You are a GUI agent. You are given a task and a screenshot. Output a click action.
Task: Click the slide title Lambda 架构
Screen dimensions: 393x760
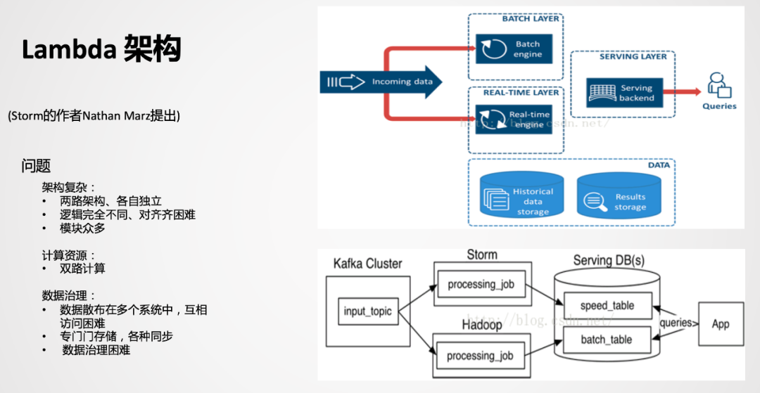pyautogui.click(x=102, y=50)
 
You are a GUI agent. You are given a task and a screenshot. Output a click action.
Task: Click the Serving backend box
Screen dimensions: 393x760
pyautogui.click(x=622, y=94)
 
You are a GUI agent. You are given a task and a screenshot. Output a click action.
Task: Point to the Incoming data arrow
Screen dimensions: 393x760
pyautogui.click(x=381, y=82)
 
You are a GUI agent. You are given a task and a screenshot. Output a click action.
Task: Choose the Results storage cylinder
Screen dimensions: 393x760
pyautogui.click(x=619, y=197)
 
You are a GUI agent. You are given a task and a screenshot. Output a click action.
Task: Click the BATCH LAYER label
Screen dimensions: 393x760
pyautogui.click(x=531, y=19)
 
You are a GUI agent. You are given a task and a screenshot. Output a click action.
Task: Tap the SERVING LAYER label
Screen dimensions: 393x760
pyautogui.click(x=633, y=56)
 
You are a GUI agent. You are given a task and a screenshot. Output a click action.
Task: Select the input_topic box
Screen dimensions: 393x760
pyautogui.click(x=368, y=311)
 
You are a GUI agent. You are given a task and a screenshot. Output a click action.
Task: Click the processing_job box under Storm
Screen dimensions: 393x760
pyautogui.click(x=481, y=284)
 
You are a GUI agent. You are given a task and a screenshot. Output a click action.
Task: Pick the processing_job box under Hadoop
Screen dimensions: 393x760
pyautogui.click(x=481, y=356)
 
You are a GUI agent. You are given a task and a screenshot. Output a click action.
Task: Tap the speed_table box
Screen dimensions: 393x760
pyautogui.click(x=607, y=306)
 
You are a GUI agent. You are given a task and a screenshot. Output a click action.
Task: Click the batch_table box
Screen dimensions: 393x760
pyautogui.click(x=607, y=340)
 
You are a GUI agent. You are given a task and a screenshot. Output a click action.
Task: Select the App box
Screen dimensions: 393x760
pyautogui.click(x=720, y=324)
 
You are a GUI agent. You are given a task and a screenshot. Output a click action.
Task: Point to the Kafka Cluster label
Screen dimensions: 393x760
pyautogui.click(x=367, y=264)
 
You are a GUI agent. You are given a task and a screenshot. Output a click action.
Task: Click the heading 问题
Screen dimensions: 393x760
pyautogui.click(x=36, y=167)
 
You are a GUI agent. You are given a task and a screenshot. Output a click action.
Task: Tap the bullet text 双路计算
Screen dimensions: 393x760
pyautogui.click(x=82, y=269)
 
